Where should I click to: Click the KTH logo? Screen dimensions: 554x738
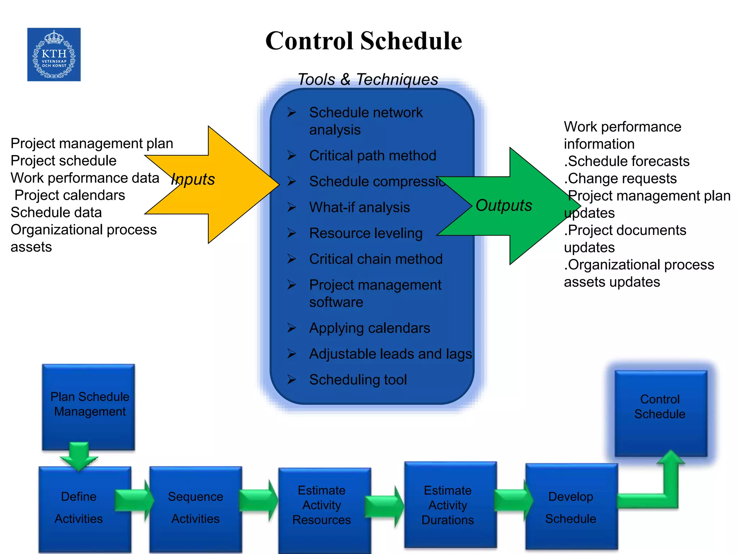[x=54, y=54]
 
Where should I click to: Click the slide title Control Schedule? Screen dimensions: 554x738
[x=363, y=40]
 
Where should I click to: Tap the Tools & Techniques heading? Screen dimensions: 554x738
[x=368, y=79]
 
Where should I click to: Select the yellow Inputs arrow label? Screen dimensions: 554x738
[x=193, y=179]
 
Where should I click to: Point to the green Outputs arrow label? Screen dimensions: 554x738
[x=504, y=206]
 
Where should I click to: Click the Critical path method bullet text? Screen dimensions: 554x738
[x=373, y=156]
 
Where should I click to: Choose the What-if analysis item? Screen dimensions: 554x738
[x=359, y=207]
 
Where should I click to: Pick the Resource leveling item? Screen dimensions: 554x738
[x=366, y=233]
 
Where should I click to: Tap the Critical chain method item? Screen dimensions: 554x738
[x=376, y=259]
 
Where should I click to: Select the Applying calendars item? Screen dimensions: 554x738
[x=370, y=328]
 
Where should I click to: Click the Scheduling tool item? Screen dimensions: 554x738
[x=358, y=380]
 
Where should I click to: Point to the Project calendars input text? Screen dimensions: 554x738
[x=70, y=195]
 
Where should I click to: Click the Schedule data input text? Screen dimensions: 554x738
[x=56, y=212]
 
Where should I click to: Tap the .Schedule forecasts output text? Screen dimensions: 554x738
[x=627, y=161]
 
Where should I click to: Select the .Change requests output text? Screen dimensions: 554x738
[x=620, y=179]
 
